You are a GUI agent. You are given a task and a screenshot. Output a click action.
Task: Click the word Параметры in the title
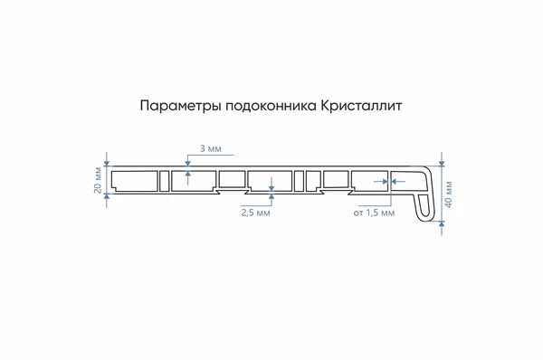(172, 106)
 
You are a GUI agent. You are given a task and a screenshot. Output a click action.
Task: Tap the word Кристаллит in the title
(359, 106)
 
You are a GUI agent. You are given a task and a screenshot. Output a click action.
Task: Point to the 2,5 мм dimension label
(255, 214)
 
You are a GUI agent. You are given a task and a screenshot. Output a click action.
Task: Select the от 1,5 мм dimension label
(374, 214)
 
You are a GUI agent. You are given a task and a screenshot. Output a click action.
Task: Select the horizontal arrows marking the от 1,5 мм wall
(390, 181)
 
